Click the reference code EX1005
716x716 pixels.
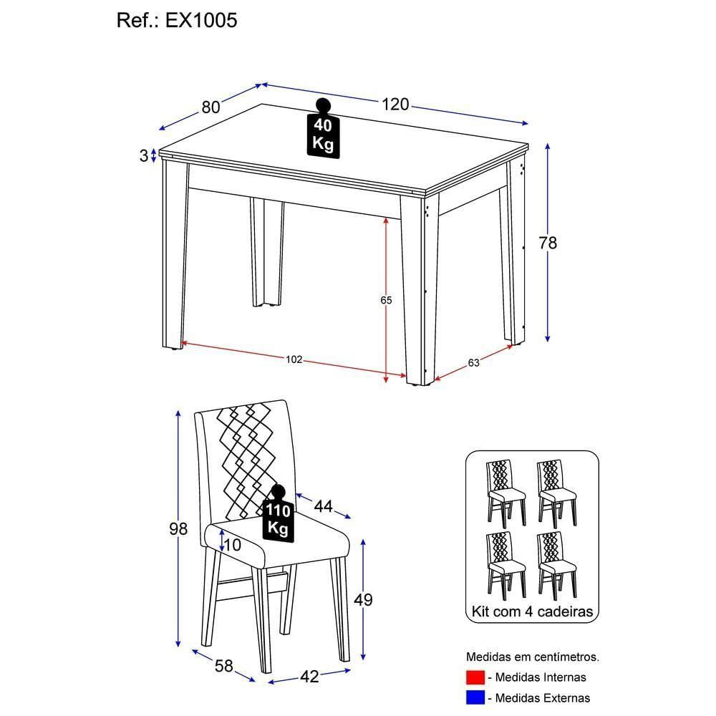click(201, 21)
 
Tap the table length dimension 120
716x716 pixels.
click(395, 105)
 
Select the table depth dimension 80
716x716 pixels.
click(210, 107)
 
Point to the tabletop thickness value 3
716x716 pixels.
click(143, 155)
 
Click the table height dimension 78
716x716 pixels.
click(548, 243)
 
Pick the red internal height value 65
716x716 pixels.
click(386, 300)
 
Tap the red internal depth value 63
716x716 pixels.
click(473, 362)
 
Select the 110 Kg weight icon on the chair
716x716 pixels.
click(278, 514)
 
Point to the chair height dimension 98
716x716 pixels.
click(178, 529)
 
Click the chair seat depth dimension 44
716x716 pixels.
click(323, 506)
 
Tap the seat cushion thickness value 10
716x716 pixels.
click(232, 544)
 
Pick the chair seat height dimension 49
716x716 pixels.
click(363, 599)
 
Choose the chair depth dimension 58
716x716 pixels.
click(223, 666)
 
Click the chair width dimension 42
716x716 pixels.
click(309, 676)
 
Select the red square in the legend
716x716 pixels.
click(475, 677)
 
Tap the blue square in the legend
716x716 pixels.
click(475, 697)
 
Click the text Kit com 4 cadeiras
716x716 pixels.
click(531, 612)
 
